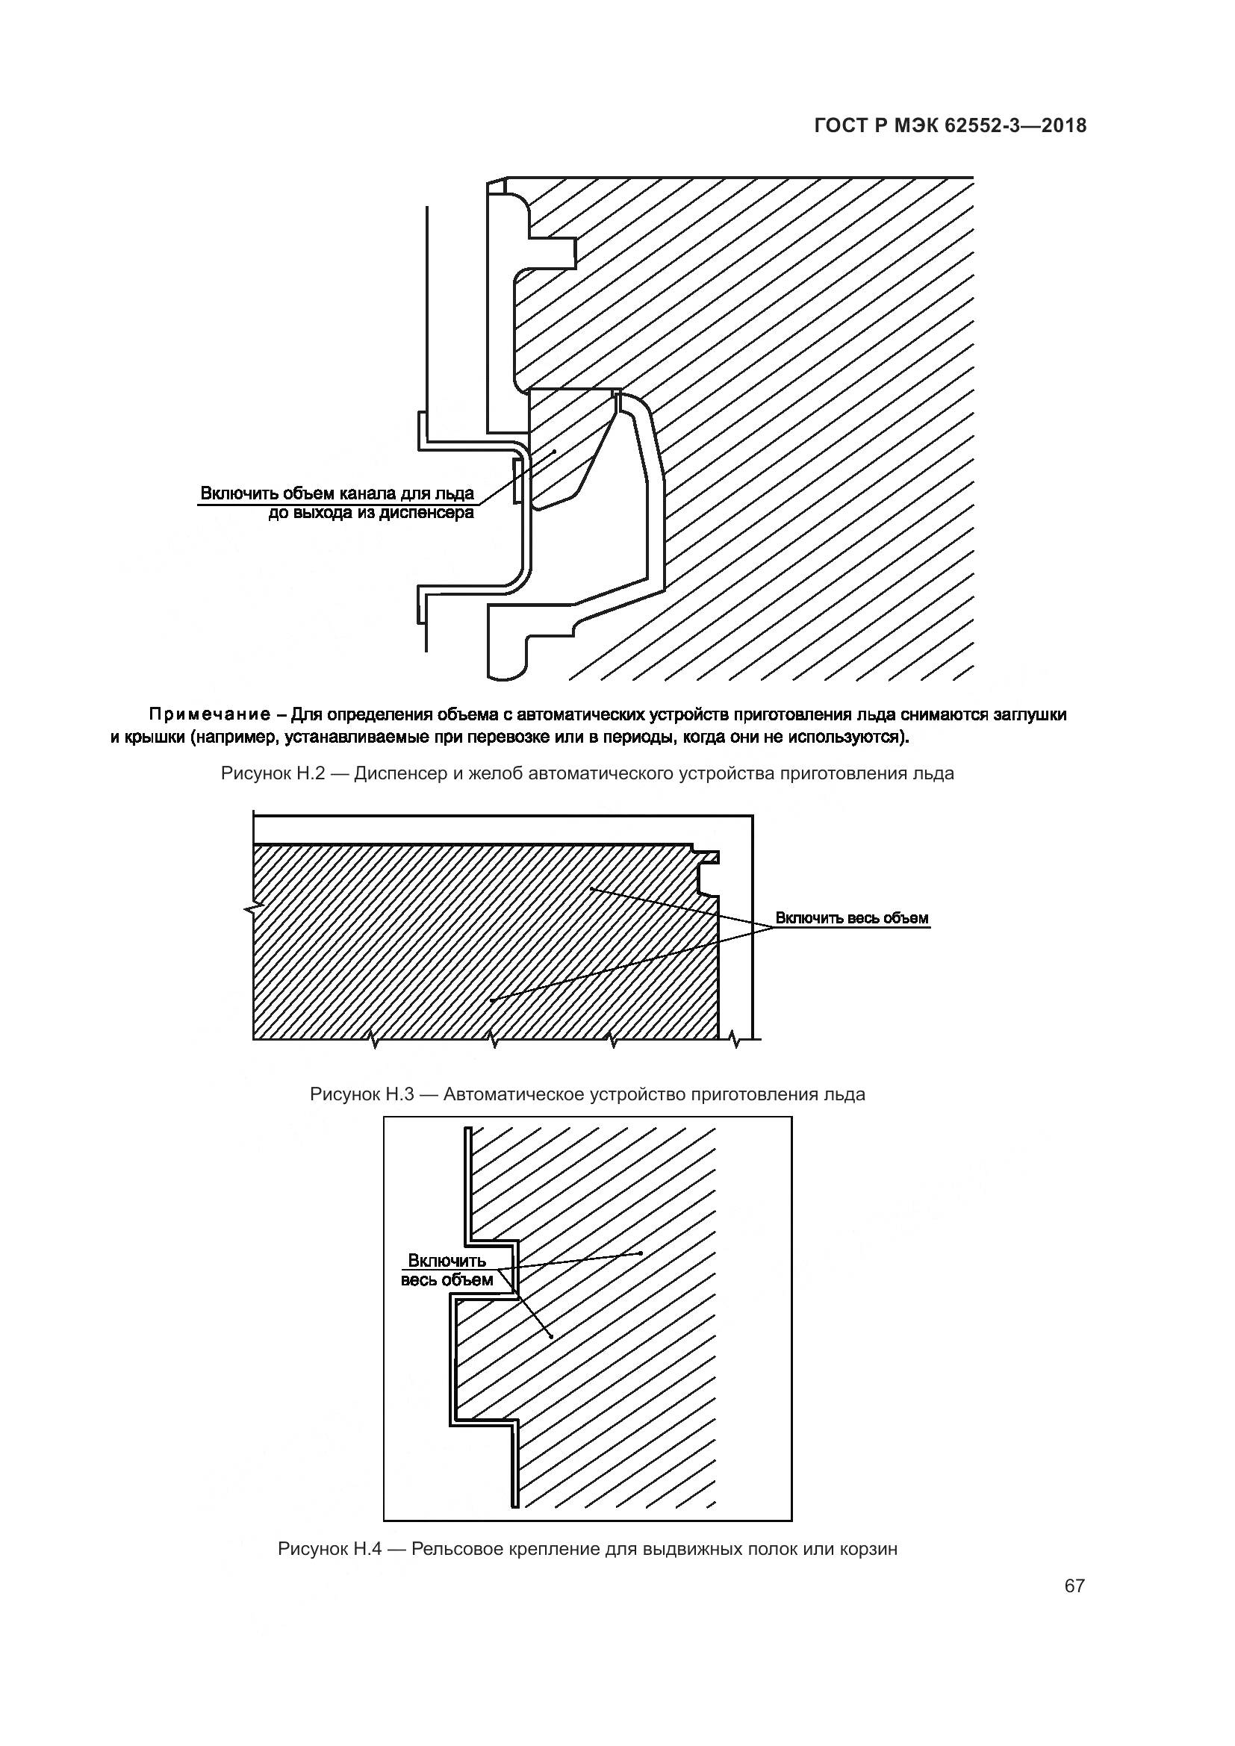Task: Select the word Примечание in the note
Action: pyautogui.click(x=209, y=714)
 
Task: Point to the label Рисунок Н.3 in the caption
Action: pyautogui.click(x=361, y=1094)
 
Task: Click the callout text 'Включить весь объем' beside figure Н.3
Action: pyautogui.click(x=852, y=918)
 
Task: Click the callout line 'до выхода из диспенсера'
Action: pyautogui.click(x=371, y=513)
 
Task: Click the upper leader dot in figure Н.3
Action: pyautogui.click(x=592, y=888)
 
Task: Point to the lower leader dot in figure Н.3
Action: pyautogui.click(x=492, y=1000)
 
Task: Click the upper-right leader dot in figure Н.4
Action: pyautogui.click(x=641, y=1253)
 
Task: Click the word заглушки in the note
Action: pyautogui.click(x=1033, y=714)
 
